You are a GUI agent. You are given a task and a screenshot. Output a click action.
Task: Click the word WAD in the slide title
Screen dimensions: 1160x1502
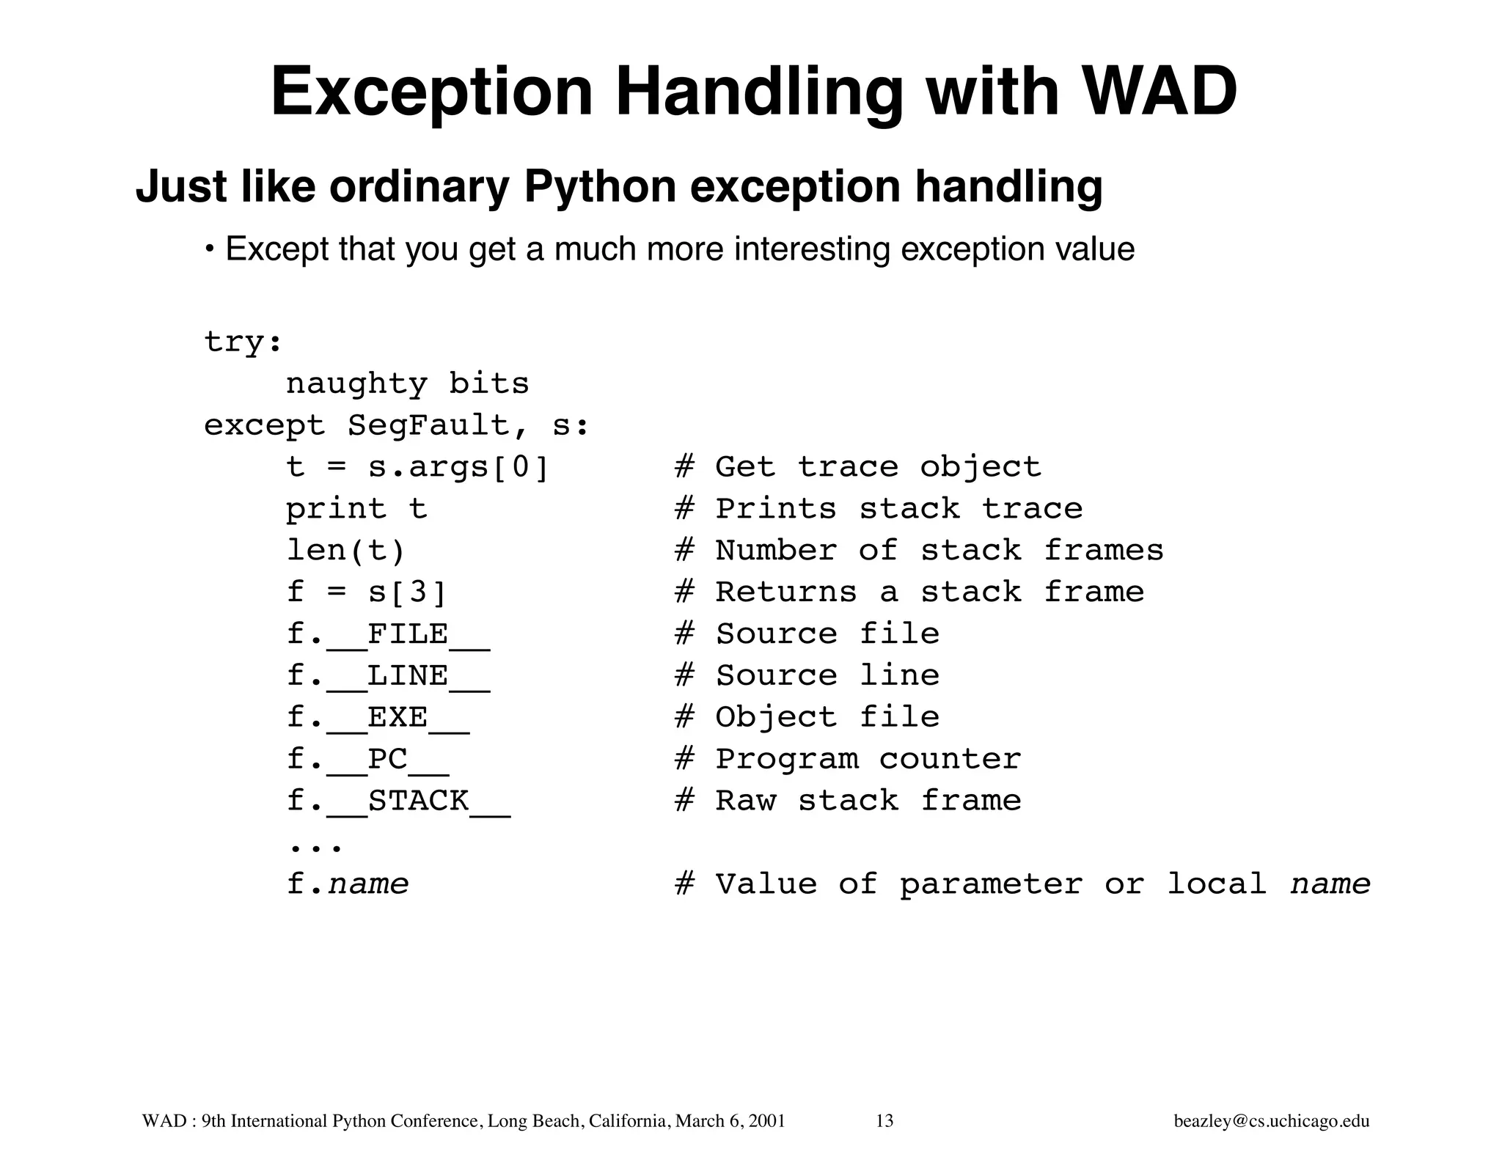pyautogui.click(x=1160, y=92)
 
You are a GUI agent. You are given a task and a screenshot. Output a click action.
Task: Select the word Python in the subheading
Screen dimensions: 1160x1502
pyautogui.click(x=601, y=186)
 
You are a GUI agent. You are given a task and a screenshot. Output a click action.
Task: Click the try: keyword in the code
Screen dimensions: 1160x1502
pyautogui.click(x=243, y=342)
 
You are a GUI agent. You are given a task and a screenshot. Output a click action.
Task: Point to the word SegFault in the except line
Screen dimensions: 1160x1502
pyautogui.click(x=428, y=425)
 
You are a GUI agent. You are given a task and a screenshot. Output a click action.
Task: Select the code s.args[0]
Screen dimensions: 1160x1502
pyautogui.click(x=458, y=467)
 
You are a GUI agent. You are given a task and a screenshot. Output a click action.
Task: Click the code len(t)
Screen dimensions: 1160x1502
pyautogui.click(x=345, y=551)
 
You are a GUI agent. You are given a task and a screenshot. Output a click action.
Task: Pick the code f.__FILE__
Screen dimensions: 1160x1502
pyautogui.click(x=388, y=634)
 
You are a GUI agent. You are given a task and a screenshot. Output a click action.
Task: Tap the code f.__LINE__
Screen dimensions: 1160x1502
pyautogui.click(x=388, y=675)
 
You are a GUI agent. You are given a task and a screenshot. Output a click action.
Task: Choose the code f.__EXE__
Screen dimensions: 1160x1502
pyautogui.click(x=378, y=717)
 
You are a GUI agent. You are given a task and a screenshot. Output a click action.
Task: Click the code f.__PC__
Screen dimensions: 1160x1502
pyautogui.click(x=367, y=759)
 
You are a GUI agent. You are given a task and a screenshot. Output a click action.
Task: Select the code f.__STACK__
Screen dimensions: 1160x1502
pyautogui.click(x=398, y=801)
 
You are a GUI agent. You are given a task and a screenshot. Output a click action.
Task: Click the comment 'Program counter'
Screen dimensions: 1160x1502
pyautogui.click(x=868, y=759)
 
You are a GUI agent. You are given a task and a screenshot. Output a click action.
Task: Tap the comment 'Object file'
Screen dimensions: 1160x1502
pyautogui.click(x=827, y=717)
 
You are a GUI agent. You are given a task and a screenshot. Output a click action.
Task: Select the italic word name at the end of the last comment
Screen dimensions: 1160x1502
pyautogui.click(x=1330, y=884)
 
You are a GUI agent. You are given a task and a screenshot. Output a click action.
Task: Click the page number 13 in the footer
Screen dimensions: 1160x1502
pyautogui.click(x=884, y=1121)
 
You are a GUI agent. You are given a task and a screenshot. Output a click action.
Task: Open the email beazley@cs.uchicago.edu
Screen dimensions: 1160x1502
pyautogui.click(x=1272, y=1121)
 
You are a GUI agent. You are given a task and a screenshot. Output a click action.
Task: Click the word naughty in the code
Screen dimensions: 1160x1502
pyautogui.click(x=356, y=384)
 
